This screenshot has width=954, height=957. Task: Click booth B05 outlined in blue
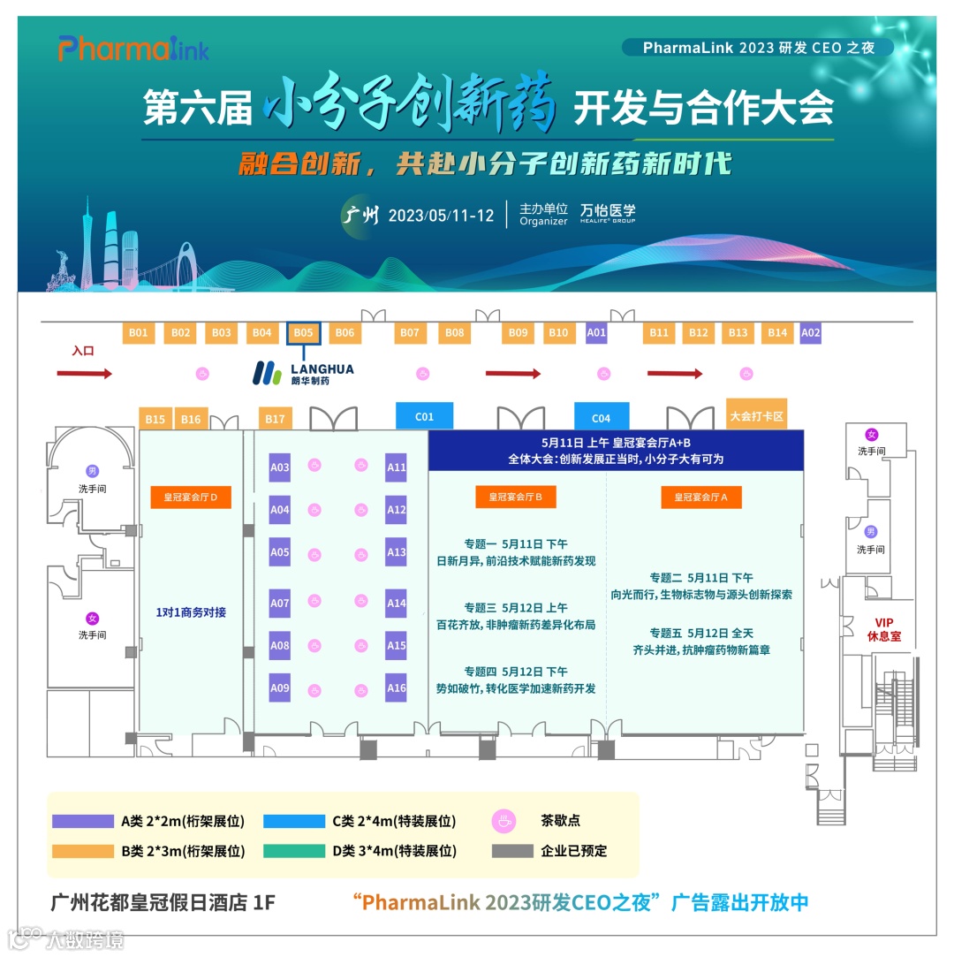(304, 333)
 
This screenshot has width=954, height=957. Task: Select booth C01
(424, 416)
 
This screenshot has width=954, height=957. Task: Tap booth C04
(601, 417)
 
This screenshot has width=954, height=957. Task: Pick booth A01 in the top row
(597, 333)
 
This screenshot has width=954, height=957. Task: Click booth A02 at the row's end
(810, 333)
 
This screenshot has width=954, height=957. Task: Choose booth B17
(275, 419)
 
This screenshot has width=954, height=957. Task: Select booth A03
(280, 467)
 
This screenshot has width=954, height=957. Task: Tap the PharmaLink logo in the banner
(133, 49)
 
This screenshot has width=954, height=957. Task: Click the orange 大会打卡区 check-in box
(756, 414)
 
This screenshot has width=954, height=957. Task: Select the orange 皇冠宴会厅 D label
(191, 498)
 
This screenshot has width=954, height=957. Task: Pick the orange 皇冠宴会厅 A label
(701, 498)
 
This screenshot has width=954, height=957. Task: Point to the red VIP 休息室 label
(883, 629)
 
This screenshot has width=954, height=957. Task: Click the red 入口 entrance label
(83, 352)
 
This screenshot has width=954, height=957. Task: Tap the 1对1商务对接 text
(191, 611)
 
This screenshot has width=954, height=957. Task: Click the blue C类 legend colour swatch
(294, 822)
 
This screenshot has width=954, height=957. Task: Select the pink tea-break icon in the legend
(504, 822)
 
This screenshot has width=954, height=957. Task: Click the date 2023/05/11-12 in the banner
(441, 216)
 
